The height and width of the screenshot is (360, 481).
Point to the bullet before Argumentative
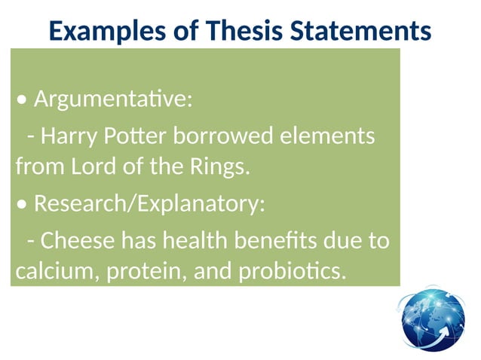(23, 99)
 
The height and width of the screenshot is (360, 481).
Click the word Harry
(66, 137)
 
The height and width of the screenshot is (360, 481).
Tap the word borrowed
(223, 137)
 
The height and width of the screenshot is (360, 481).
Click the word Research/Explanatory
(149, 204)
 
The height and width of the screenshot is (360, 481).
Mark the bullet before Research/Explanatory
(23, 205)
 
